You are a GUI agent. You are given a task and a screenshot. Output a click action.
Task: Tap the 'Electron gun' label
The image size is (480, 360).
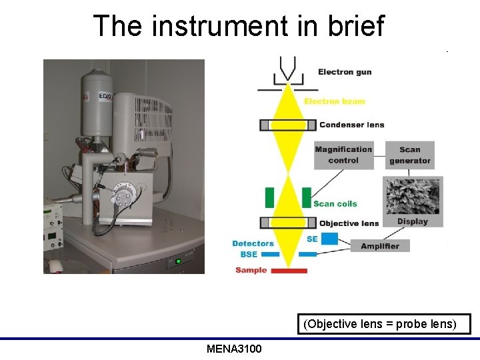(x=345, y=72)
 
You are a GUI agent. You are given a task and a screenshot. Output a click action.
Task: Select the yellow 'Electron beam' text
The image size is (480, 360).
(x=334, y=101)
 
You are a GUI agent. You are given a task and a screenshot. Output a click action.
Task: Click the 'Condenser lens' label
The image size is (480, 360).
(x=351, y=125)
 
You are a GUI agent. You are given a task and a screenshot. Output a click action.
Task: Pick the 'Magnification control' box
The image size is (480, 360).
(x=343, y=155)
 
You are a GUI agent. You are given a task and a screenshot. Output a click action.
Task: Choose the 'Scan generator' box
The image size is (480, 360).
(x=409, y=155)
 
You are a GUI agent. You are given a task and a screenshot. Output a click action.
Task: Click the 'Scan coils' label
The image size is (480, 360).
(x=335, y=204)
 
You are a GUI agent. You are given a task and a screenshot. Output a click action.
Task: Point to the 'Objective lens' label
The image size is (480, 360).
(x=349, y=223)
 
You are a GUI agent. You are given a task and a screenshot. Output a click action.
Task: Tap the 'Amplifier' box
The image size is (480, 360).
(x=379, y=246)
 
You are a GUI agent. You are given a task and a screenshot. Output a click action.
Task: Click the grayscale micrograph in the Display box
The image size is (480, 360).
(x=413, y=195)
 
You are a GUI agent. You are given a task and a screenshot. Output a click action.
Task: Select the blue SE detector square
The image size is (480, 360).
(x=329, y=238)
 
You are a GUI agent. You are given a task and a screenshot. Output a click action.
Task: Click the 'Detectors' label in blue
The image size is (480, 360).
(x=253, y=244)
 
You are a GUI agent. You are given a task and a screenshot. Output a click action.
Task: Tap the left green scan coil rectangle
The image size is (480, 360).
(x=270, y=198)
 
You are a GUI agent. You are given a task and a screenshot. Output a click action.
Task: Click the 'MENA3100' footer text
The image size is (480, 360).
(x=234, y=349)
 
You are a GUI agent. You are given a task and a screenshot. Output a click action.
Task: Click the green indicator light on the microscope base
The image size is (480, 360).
(x=177, y=261)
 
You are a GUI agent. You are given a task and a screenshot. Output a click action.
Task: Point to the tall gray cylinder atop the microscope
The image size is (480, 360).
(x=97, y=99)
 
